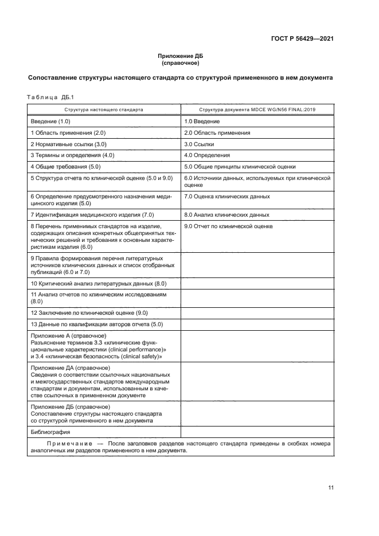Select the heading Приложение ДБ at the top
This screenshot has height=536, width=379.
181,56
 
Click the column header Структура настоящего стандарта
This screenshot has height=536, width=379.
104,109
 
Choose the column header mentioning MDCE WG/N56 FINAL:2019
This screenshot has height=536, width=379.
257,109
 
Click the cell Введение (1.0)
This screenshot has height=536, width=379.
50,122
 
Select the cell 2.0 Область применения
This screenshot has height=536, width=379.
217,132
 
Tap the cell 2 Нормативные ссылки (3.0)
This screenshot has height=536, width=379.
68,144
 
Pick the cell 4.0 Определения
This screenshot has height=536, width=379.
207,155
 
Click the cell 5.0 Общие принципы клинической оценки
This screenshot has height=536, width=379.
240,166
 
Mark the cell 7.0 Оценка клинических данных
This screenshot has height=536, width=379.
227,196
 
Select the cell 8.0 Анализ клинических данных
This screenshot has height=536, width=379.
226,214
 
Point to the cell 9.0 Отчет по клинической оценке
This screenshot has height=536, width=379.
228,226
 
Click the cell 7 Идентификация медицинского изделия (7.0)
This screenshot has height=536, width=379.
92,214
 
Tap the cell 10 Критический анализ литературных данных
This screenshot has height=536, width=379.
98,283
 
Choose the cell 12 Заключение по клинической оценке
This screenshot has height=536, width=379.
89,312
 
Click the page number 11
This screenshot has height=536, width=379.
331,487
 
